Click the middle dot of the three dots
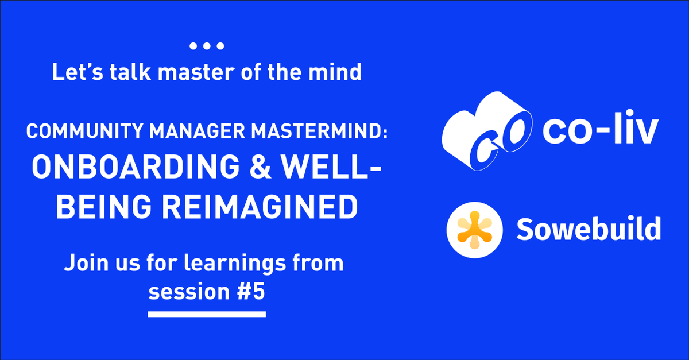pyautogui.click(x=207, y=45)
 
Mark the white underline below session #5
pyautogui.click(x=207, y=314)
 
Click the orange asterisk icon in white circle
pyautogui.click(x=473, y=229)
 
